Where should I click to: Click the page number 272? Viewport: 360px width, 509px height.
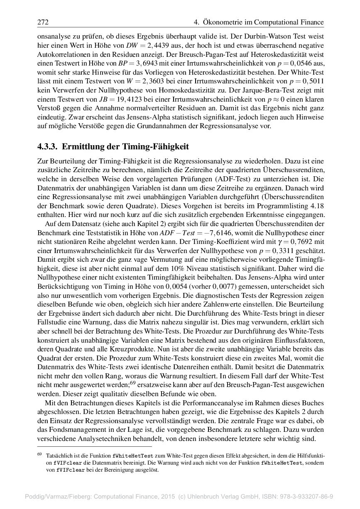[x=43, y=22]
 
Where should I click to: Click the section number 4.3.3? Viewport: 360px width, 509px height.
[x=48, y=146]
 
